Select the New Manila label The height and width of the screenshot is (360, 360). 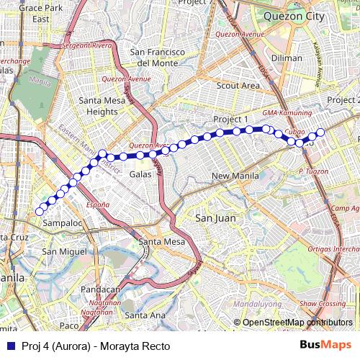coord(235,176)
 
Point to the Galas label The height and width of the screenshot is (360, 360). coord(140,174)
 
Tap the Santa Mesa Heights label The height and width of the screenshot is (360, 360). coord(98,106)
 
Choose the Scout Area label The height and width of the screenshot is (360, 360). coord(238,86)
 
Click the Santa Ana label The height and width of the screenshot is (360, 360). coord(145,315)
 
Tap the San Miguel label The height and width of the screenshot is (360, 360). coord(64,251)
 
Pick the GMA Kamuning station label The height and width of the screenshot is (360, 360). coord(287,114)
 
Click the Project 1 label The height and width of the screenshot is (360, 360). coord(230,119)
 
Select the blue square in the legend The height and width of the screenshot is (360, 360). coord(9,345)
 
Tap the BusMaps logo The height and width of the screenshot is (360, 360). coord(325,345)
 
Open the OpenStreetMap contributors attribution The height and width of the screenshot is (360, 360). coord(295,322)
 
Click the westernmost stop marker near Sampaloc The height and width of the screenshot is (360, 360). coord(40,212)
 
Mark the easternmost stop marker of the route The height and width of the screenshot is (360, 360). coord(320,132)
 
